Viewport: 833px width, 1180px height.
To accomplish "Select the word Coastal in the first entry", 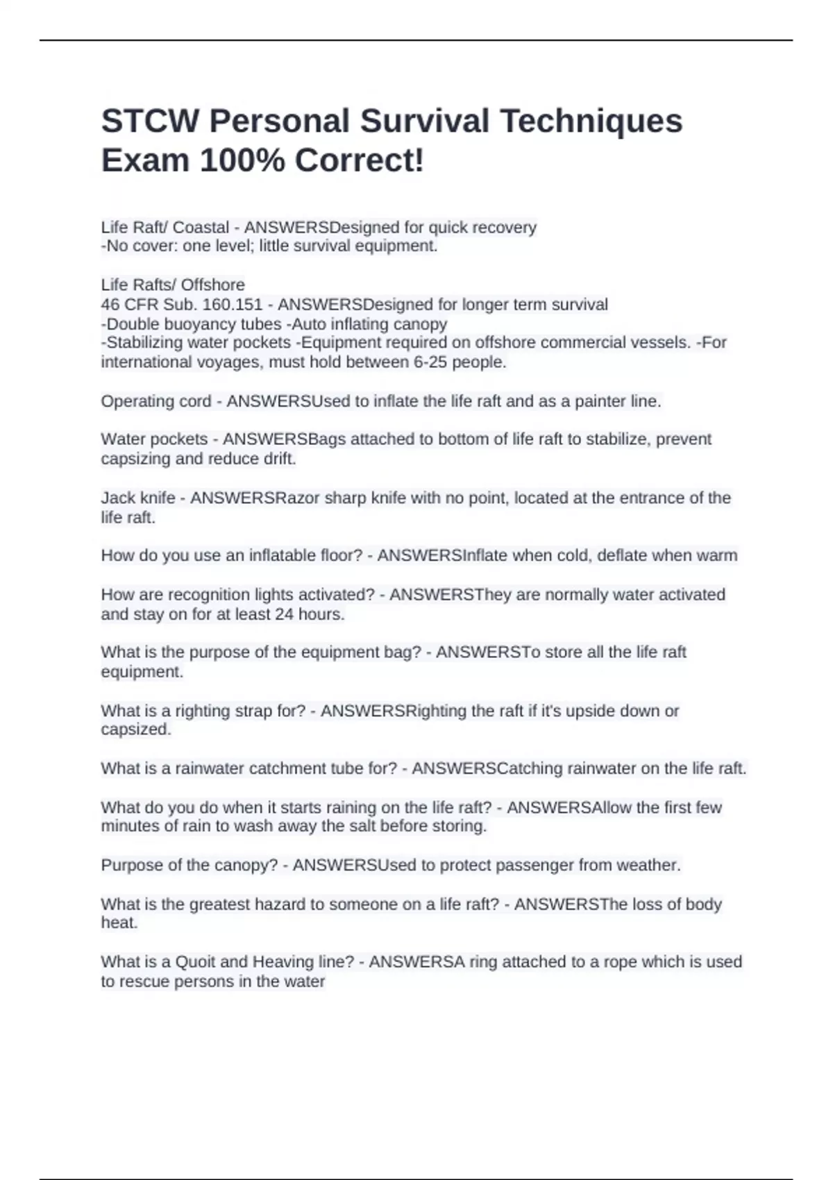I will (201, 228).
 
